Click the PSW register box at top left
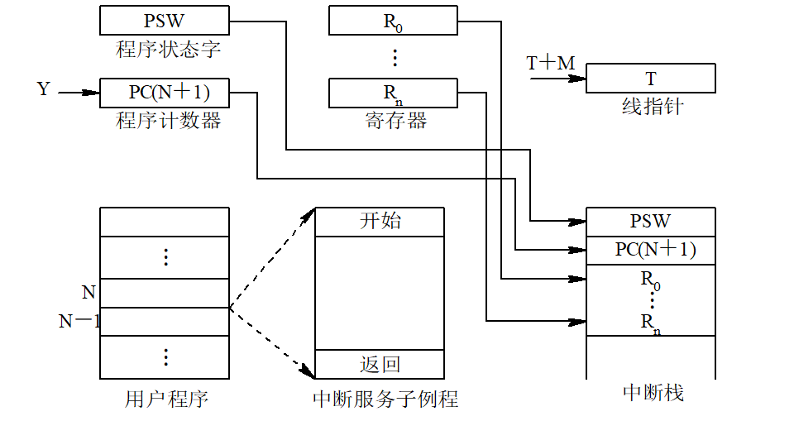coord(164,20)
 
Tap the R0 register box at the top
coord(394,22)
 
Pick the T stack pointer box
coord(651,79)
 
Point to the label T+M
coord(550,64)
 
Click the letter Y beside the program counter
coord(44,88)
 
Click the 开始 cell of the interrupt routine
coord(380,221)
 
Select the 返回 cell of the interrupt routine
coord(380,364)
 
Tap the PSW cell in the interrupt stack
coord(650,221)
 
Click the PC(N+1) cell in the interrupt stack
coord(650,249)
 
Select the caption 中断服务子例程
coord(385,400)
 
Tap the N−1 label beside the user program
coord(78,322)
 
